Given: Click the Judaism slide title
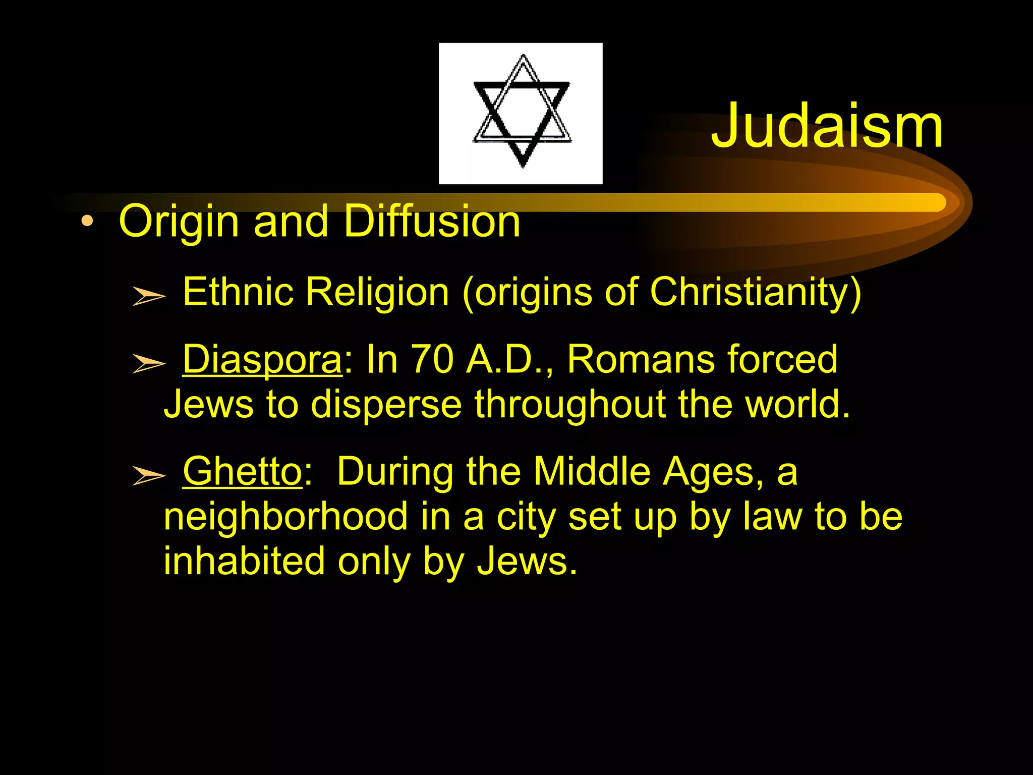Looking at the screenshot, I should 827,126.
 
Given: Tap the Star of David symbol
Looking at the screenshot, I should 522,112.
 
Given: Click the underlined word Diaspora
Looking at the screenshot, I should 262,359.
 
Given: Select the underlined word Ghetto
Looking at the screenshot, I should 242,471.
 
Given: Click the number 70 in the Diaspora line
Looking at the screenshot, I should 432,359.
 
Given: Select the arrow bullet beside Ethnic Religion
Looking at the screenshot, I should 148,296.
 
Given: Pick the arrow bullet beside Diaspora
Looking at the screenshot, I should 148,363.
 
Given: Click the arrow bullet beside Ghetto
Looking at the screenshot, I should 148,475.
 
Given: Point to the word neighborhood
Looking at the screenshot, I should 285,517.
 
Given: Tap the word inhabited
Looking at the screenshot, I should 244,561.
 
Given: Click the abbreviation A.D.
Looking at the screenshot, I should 506,359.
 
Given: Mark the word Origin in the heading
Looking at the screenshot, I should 179,222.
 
